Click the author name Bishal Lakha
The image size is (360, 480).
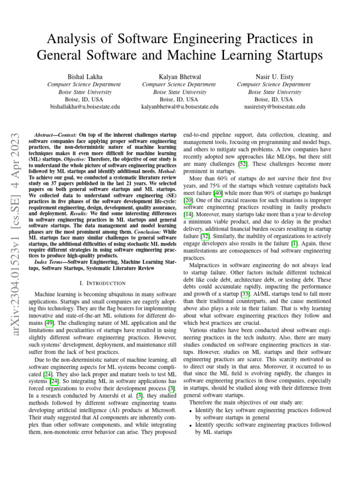pyautogui.click(x=85, y=76)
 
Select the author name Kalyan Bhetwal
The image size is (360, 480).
pyautogui.click(x=180, y=76)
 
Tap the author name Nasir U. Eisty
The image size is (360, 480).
pyautogui.click(x=273, y=76)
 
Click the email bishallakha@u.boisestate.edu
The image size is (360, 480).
pyautogui.click(x=85, y=107)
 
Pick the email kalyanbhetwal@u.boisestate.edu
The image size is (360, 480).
pyautogui.click(x=180, y=107)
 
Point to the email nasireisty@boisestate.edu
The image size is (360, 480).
pyautogui.click(x=274, y=107)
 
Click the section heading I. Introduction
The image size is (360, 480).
pyautogui.click(x=103, y=283)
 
